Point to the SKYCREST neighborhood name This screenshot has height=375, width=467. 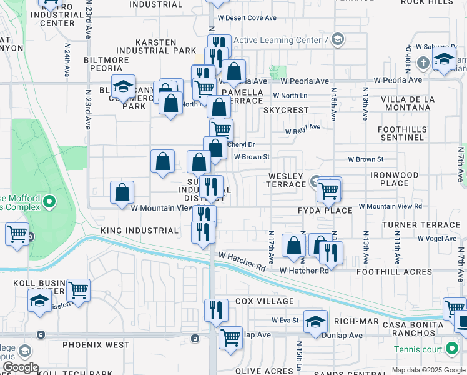point(286,110)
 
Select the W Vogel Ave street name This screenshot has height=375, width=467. point(438,238)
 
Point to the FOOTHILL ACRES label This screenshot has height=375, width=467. point(394,272)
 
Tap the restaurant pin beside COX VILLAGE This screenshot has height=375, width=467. point(216,311)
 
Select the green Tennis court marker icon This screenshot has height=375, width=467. point(453,349)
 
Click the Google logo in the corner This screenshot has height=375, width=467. point(20,367)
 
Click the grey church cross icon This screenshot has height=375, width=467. point(423,62)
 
